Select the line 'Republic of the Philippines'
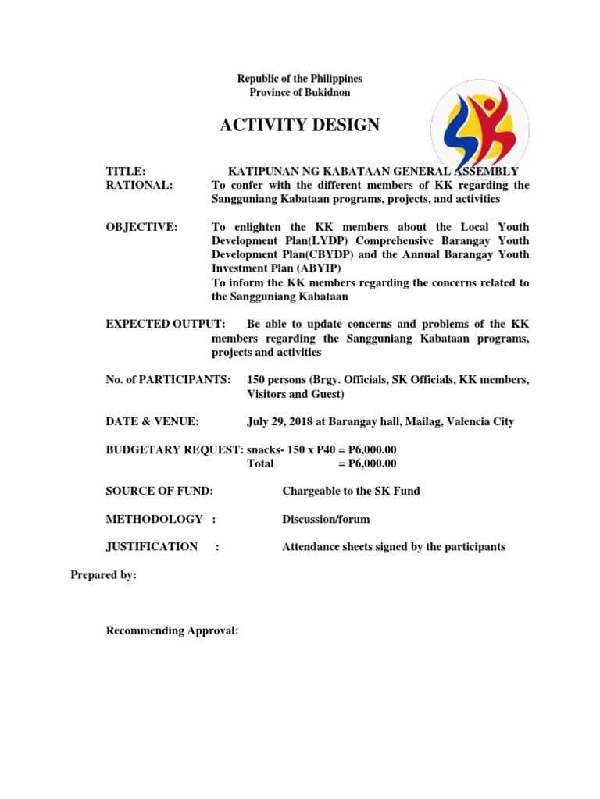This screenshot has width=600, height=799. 300,79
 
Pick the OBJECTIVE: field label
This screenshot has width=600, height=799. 141,227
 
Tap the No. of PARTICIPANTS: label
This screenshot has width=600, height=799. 168,380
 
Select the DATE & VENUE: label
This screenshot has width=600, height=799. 152,422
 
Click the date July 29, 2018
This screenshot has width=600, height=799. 280,422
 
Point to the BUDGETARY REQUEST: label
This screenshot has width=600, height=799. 174,450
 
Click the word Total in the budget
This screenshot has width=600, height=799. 260,463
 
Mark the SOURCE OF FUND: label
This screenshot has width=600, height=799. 159,491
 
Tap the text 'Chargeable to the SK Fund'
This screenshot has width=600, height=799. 351,491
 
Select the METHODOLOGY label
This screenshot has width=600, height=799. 154,519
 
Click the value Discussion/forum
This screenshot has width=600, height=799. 326,519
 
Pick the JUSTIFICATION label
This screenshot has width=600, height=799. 152,547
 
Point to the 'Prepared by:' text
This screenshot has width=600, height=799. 103,575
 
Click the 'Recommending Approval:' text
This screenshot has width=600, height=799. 172,630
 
